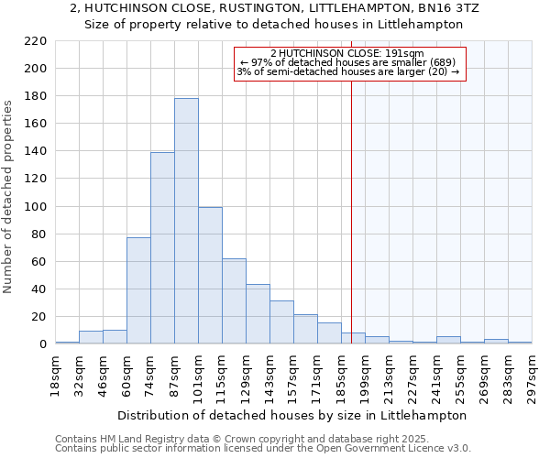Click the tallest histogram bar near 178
[186, 221]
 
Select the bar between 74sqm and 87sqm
[162, 248]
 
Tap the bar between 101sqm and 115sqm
[210, 276]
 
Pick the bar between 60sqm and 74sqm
[138, 290]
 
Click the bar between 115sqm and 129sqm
[234, 301]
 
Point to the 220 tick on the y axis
[35, 41]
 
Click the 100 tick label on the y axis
[35, 207]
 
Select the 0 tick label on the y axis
[42, 344]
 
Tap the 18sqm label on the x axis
[56, 376]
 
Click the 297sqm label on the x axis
[533, 376]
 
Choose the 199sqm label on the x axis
[366, 376]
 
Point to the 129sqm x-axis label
[247, 376]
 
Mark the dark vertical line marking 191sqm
[352, 229]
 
